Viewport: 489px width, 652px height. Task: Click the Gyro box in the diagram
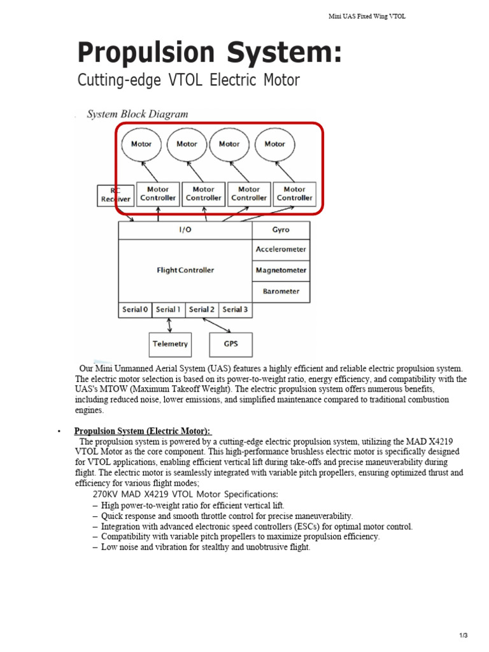point(281,230)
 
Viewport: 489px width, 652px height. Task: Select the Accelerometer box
point(281,250)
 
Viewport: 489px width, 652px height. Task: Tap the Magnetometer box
point(281,271)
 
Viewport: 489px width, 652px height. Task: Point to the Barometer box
point(281,292)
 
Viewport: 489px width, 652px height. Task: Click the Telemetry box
point(170,344)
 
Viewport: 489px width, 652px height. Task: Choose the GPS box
point(230,344)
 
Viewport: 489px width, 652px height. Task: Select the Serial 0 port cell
point(135,309)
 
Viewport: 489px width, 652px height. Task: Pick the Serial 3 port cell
point(235,309)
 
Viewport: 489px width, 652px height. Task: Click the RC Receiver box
point(115,194)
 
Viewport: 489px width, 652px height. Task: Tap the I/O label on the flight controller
point(185,230)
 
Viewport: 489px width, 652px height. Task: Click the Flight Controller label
point(185,270)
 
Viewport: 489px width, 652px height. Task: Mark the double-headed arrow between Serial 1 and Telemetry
point(169,324)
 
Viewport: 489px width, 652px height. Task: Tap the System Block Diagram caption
point(138,115)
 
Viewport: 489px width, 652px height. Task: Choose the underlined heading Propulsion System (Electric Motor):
point(142,431)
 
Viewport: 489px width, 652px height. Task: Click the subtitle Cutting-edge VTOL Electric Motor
point(188,81)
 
